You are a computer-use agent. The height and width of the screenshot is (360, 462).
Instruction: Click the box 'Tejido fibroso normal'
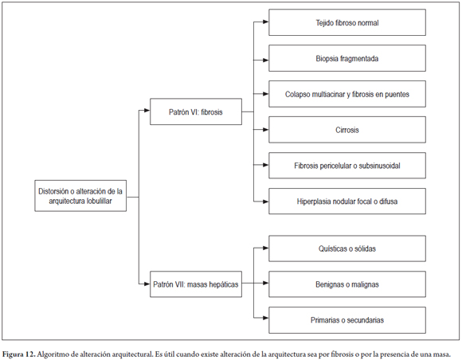[x=347, y=22]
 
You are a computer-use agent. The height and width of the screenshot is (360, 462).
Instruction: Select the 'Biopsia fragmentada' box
[x=347, y=58]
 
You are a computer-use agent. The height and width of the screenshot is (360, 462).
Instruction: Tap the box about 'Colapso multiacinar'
[x=347, y=94]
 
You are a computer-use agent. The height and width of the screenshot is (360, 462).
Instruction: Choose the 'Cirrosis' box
[x=347, y=130]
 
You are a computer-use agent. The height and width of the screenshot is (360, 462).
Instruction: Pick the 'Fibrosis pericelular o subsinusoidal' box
[x=347, y=166]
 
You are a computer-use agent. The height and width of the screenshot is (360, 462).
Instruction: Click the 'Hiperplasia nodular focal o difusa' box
[x=347, y=202]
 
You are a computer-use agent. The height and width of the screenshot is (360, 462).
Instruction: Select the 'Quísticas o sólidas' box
[x=347, y=248]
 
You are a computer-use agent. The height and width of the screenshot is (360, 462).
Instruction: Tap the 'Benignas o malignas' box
[x=347, y=284]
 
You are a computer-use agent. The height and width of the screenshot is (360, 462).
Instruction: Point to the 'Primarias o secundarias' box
[x=347, y=320]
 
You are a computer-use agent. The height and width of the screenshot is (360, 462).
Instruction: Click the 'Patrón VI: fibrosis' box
[x=196, y=112]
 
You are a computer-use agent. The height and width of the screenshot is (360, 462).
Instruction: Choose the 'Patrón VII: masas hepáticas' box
[x=196, y=284]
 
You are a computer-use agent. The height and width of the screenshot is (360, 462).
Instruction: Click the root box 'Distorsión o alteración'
[x=80, y=196]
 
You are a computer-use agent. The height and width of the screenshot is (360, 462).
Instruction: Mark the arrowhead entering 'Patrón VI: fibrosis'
[x=147, y=111]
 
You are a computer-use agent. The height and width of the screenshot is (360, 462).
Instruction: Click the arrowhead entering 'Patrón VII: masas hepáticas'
[x=147, y=284]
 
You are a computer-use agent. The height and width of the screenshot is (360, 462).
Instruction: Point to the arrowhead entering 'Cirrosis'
[x=266, y=130]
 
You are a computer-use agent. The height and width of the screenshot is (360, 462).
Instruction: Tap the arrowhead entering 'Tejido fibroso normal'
[x=266, y=22]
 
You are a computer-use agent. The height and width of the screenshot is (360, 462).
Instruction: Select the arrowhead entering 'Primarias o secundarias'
[x=266, y=318]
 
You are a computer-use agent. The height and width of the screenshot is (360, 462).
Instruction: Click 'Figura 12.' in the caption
[x=19, y=354]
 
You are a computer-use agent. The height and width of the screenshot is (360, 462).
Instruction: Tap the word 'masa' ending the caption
[x=443, y=354]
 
